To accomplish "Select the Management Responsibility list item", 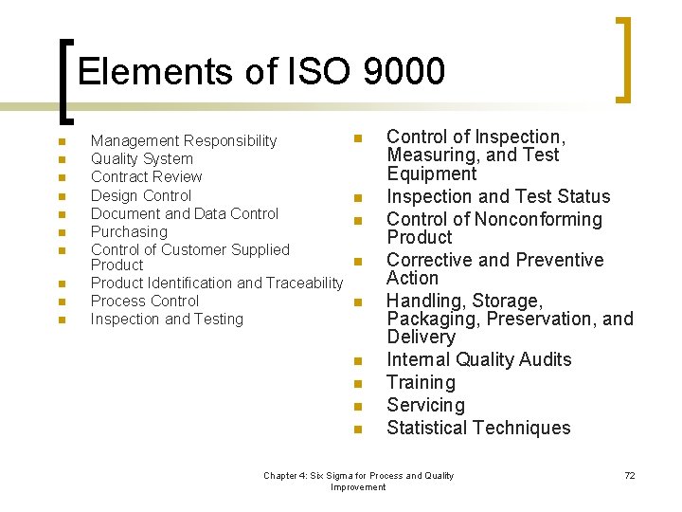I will [x=184, y=141].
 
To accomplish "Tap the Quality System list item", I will [x=141, y=159].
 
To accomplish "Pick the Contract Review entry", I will [x=146, y=177].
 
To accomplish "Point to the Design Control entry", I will [x=141, y=195].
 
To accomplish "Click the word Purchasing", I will [x=129, y=231].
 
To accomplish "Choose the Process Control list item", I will [x=145, y=301].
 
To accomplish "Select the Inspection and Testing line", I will [x=167, y=319].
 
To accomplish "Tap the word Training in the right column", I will [x=421, y=382].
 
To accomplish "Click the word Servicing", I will [x=425, y=405].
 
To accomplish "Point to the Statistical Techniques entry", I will [x=478, y=428].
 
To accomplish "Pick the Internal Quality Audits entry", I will [x=478, y=359].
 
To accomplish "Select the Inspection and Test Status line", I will [x=498, y=196].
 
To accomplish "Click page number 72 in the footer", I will [x=630, y=475].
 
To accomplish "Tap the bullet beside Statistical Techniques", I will [x=358, y=430].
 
